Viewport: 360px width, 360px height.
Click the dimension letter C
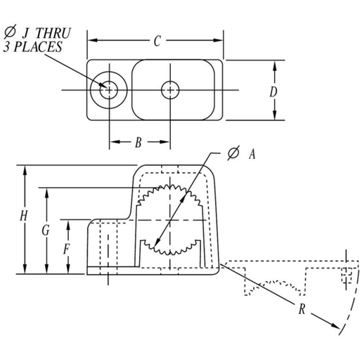coord(156,42)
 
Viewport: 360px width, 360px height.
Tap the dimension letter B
coord(139,143)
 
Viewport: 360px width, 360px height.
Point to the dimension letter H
coord(25,218)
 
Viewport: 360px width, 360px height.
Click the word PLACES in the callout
coord(53,47)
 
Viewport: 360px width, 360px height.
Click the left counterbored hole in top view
coord(109,89)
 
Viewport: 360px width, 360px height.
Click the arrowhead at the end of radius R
coord(337,328)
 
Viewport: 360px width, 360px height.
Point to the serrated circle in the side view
coord(170,218)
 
